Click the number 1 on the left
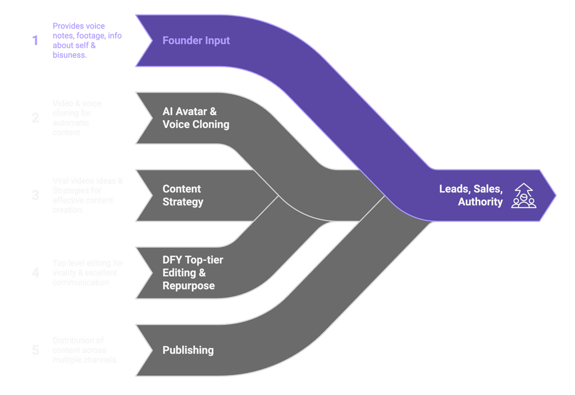point(35,40)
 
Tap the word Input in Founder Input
point(218,40)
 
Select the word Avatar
point(191,112)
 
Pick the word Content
point(181,189)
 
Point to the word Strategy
point(183,202)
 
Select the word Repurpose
point(189,286)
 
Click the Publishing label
point(188,350)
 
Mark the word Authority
point(481,202)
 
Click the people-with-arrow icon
point(523,195)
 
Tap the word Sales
point(488,189)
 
